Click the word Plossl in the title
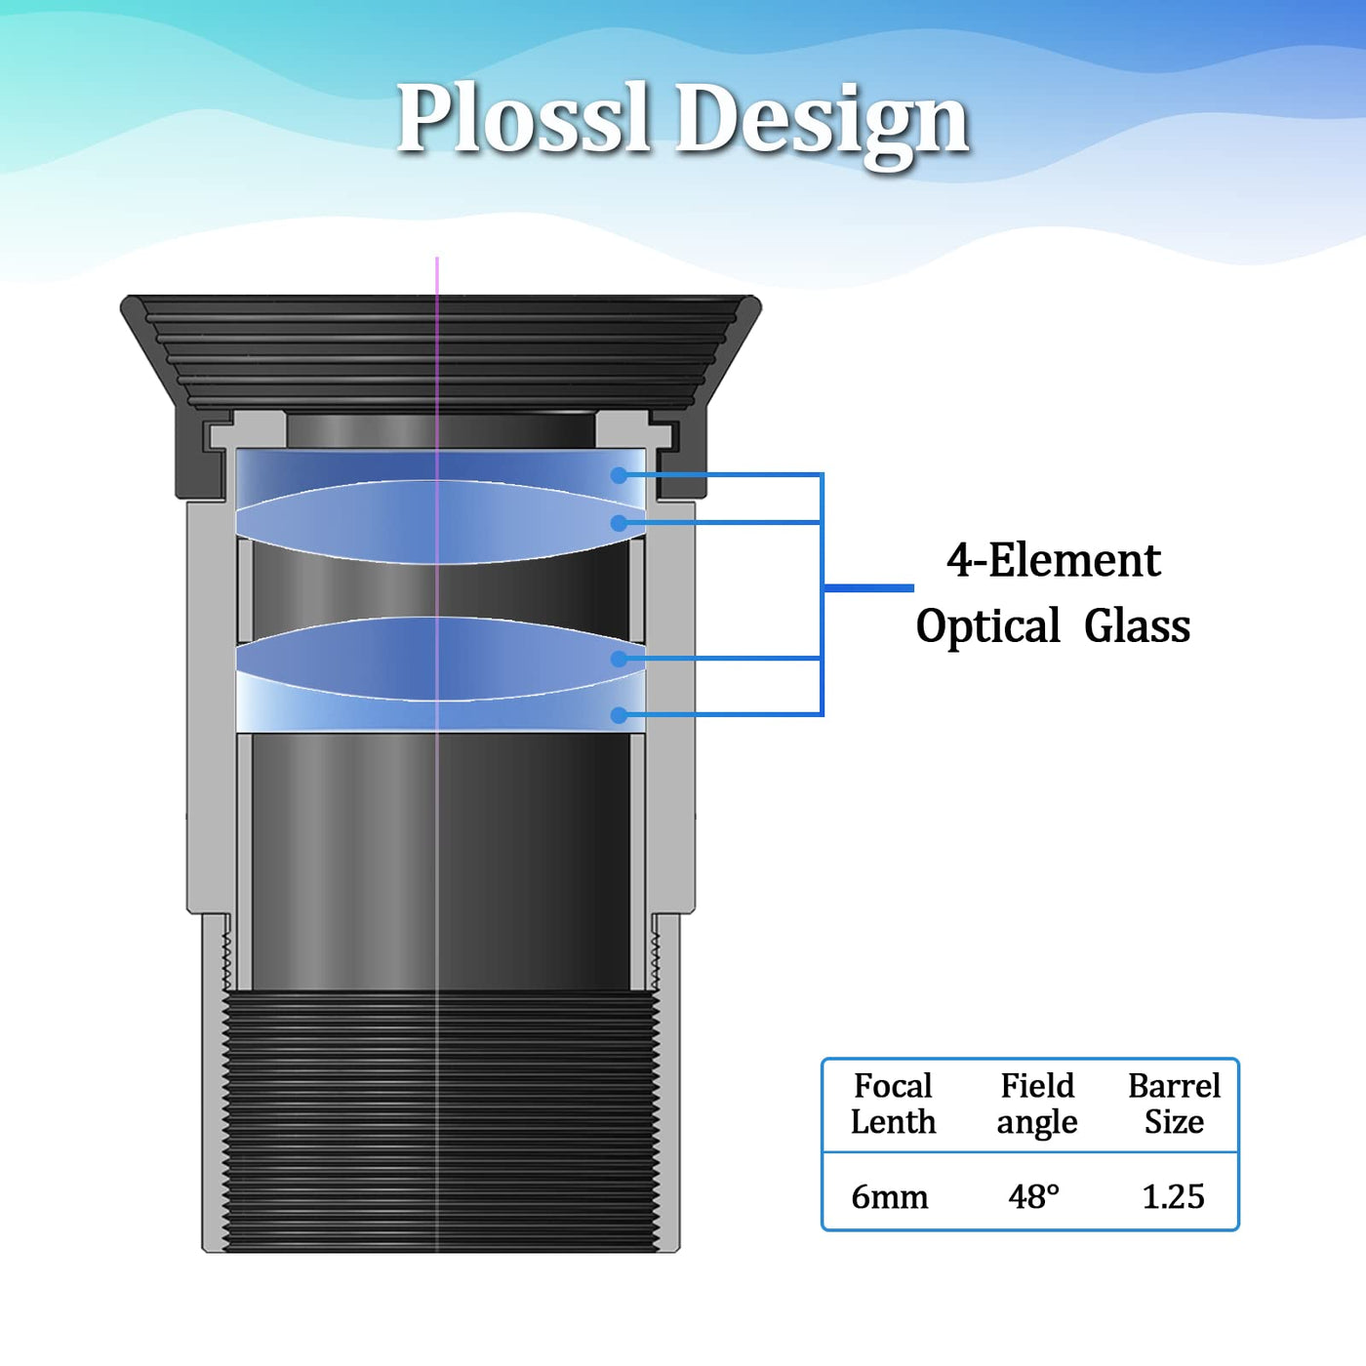[522, 118]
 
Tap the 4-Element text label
[1054, 561]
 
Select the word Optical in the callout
[987, 627]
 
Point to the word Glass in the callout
[1137, 626]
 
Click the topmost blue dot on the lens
[619, 475]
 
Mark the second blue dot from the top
[619, 523]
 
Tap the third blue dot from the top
[619, 659]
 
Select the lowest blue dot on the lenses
[619, 715]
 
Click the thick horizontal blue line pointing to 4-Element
[868, 587]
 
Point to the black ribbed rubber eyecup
[441, 352]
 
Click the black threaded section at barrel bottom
[441, 1120]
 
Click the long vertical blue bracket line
[822, 594]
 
